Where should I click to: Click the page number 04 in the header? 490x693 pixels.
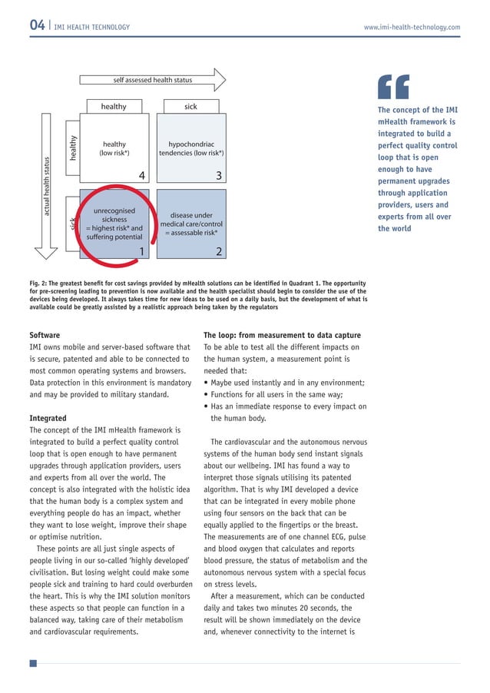[37, 27]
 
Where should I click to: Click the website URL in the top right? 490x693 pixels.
[412, 28]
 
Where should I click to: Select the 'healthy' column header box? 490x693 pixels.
[114, 107]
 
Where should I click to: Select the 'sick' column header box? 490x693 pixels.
[190, 107]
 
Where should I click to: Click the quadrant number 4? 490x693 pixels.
[141, 176]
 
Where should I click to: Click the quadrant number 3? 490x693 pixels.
[219, 176]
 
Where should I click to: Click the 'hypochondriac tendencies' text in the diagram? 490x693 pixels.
[190, 148]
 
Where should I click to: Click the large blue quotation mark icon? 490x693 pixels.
[395, 89]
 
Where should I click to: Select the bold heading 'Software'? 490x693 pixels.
[45, 335]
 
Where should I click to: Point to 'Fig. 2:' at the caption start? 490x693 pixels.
[41, 283]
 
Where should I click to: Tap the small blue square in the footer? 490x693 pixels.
[33, 663]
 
